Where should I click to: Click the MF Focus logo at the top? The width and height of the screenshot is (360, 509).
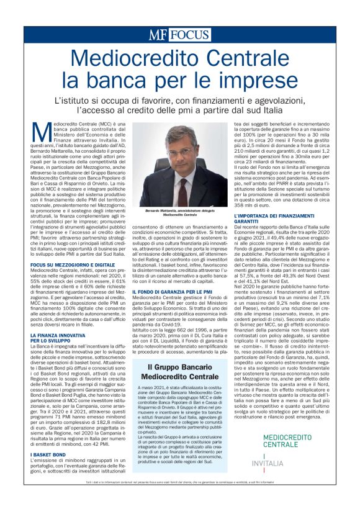coord(179,35)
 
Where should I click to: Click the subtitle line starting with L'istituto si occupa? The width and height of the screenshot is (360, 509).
coord(179,100)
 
